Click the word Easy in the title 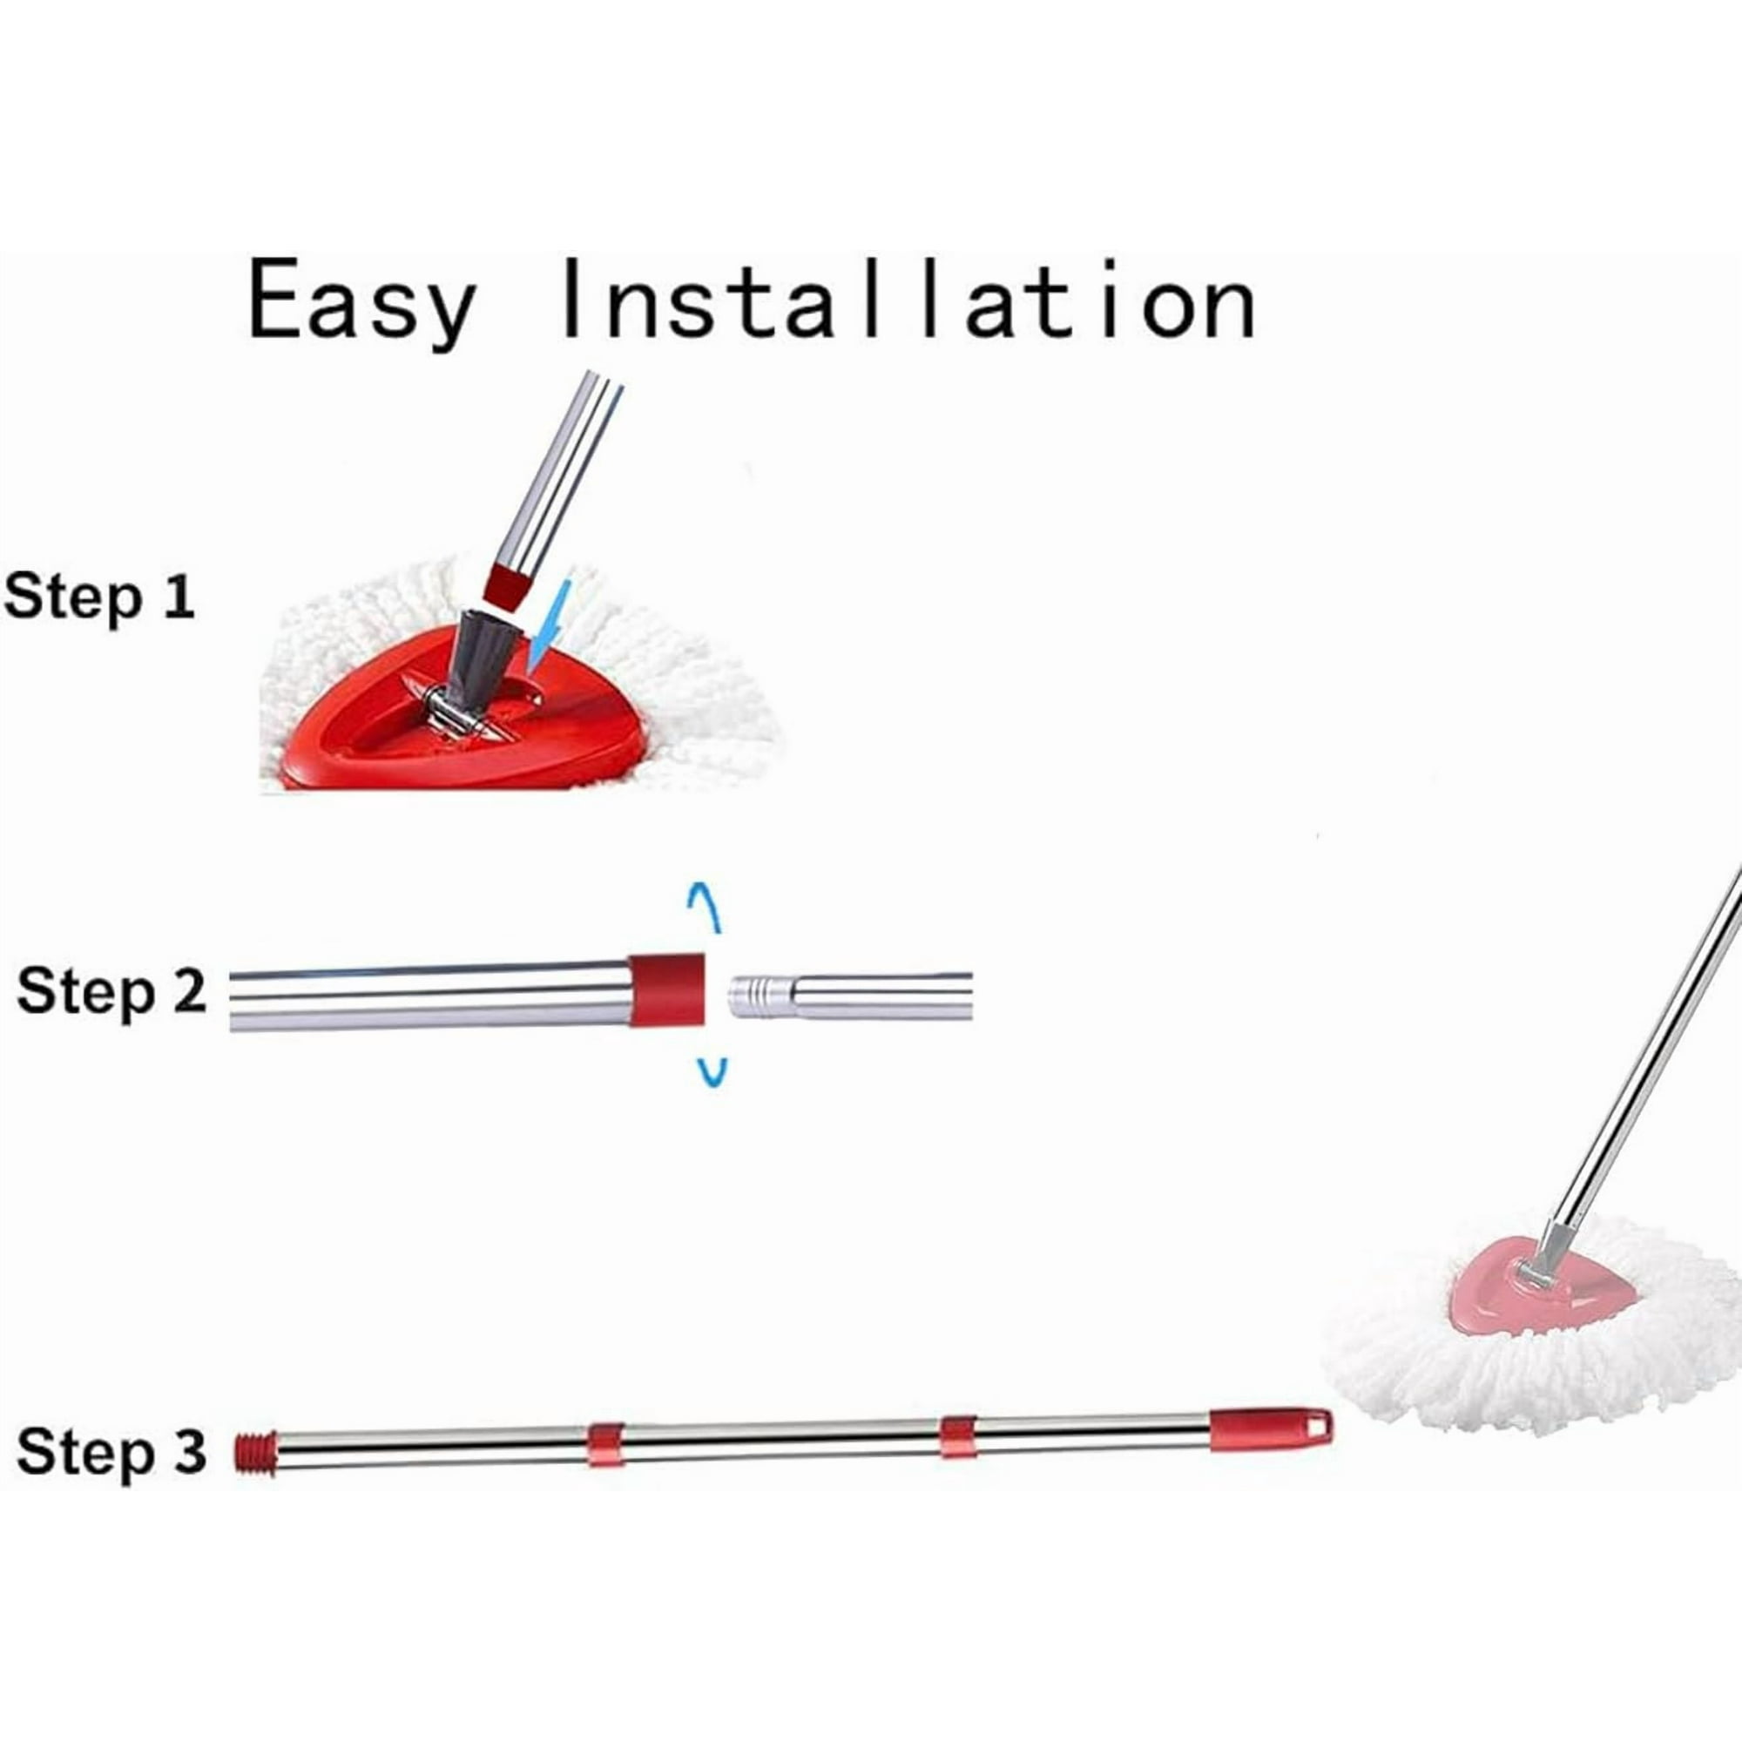coord(361,303)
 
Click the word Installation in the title coord(907,300)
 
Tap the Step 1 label coord(99,598)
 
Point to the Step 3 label coord(111,1453)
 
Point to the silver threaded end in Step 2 coord(761,996)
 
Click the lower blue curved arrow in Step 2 coord(712,1072)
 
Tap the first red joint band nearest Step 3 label coord(605,1444)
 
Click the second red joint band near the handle coord(959,1436)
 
